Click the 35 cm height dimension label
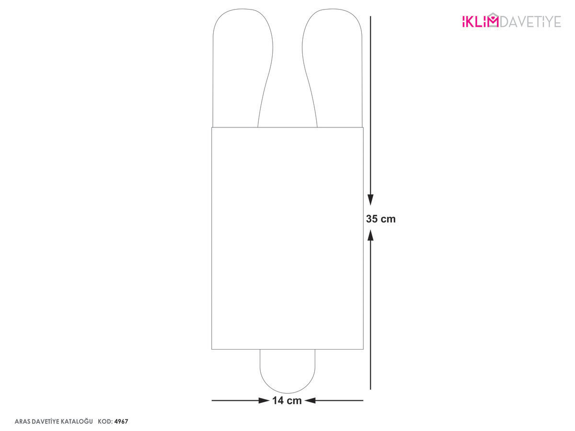(380, 219)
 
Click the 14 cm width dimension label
(287, 400)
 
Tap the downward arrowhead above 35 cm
(370, 200)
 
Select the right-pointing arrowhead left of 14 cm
(264, 400)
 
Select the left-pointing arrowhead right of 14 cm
(310, 400)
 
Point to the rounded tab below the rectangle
(287, 393)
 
